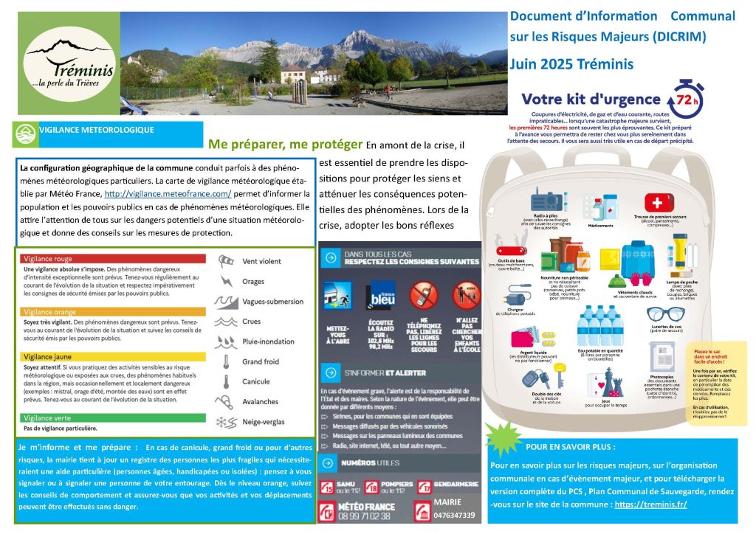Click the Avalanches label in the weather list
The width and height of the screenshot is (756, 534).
[x=261, y=402]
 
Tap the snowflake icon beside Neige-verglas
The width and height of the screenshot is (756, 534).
[x=222, y=422]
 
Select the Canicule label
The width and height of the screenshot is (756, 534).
[x=256, y=382]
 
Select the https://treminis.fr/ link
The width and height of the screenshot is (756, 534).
[x=650, y=504]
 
